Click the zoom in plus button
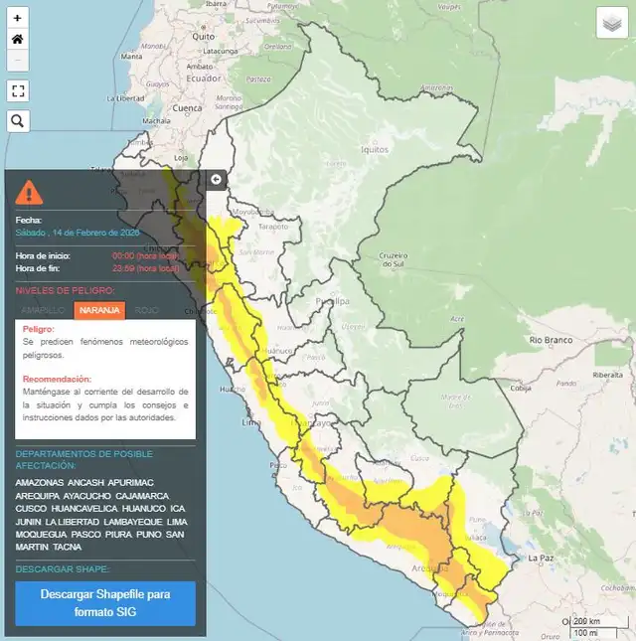[x=17, y=18]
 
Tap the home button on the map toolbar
[x=17, y=39]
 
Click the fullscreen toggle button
[x=17, y=90]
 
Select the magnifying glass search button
[x=17, y=121]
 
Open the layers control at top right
[x=610, y=22]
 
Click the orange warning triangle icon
[x=29, y=190]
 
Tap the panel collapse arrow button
[x=217, y=179]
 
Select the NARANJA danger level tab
[x=99, y=310]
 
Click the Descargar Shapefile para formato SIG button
[x=105, y=602]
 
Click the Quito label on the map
[x=203, y=36]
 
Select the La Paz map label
[x=540, y=557]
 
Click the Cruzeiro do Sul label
[x=394, y=259]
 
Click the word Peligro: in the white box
[x=39, y=329]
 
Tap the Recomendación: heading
[x=57, y=379]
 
